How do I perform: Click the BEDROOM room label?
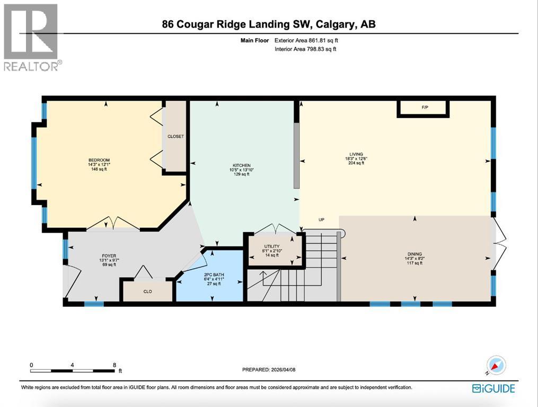pyautogui.click(x=99, y=160)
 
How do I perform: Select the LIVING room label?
pyautogui.click(x=356, y=154)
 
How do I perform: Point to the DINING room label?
pyautogui.click(x=414, y=254)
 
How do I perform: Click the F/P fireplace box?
pyautogui.click(x=424, y=108)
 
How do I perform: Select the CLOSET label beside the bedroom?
pyautogui.click(x=175, y=136)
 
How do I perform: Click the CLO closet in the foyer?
pyautogui.click(x=148, y=291)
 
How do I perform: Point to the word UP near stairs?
pyautogui.click(x=321, y=219)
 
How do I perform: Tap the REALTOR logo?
pyautogui.click(x=32, y=37)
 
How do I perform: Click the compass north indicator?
pyautogui.click(x=497, y=365)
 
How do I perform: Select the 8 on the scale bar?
pyautogui.click(x=114, y=365)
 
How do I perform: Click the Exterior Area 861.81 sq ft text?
pyautogui.click(x=305, y=40)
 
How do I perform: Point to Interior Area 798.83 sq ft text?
pyautogui.click(x=305, y=49)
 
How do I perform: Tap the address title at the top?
pyautogui.click(x=269, y=24)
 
